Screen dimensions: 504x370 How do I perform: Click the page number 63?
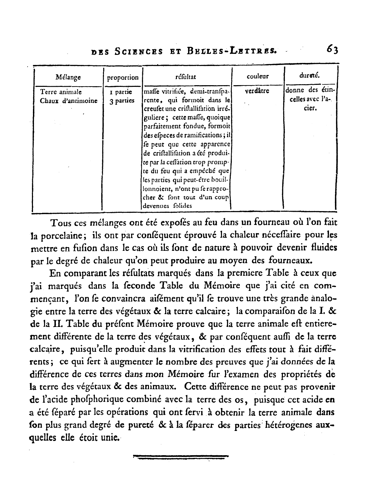tap(331, 50)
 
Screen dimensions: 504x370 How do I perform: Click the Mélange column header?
tap(68, 77)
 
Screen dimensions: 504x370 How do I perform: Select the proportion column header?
tap(123, 77)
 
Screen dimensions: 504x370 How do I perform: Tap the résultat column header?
tap(186, 76)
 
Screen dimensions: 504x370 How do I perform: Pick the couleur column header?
tap(258, 76)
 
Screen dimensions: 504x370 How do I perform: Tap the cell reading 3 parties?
tap(122, 100)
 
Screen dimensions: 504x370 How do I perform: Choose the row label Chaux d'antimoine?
tap(69, 100)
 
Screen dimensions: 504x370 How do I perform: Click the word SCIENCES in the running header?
tap(139, 52)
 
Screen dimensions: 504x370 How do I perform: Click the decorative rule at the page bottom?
tap(181, 457)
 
